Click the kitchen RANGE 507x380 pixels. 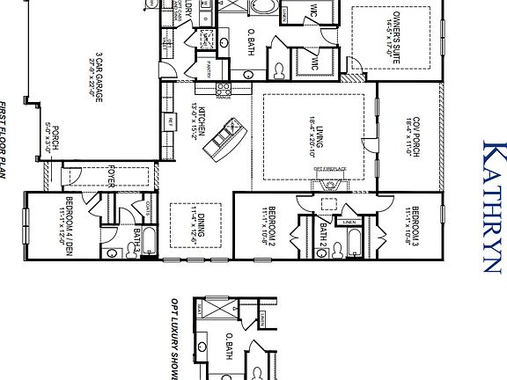(224, 89)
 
